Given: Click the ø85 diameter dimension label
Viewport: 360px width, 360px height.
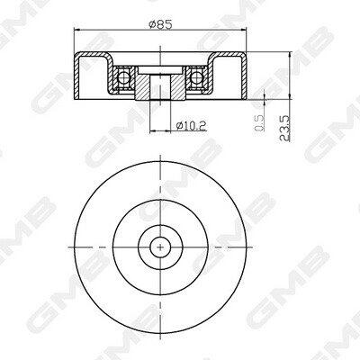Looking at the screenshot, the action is click(x=160, y=24).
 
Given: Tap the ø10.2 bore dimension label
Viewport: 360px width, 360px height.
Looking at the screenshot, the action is click(x=191, y=125).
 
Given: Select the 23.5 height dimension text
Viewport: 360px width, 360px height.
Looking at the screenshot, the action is click(x=284, y=129).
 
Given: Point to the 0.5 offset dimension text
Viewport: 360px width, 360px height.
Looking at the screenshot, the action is click(x=259, y=123).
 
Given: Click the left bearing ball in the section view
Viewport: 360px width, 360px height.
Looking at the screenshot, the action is click(x=123, y=77).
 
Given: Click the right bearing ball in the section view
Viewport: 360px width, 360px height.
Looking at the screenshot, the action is click(x=196, y=77).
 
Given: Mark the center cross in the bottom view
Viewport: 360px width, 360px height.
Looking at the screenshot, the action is click(x=160, y=247).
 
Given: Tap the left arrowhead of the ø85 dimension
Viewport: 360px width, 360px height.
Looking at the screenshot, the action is click(x=77, y=30).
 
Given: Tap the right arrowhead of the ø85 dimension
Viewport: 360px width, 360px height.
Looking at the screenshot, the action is click(x=243, y=30).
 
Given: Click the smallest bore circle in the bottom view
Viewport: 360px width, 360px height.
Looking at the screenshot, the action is click(x=160, y=237).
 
